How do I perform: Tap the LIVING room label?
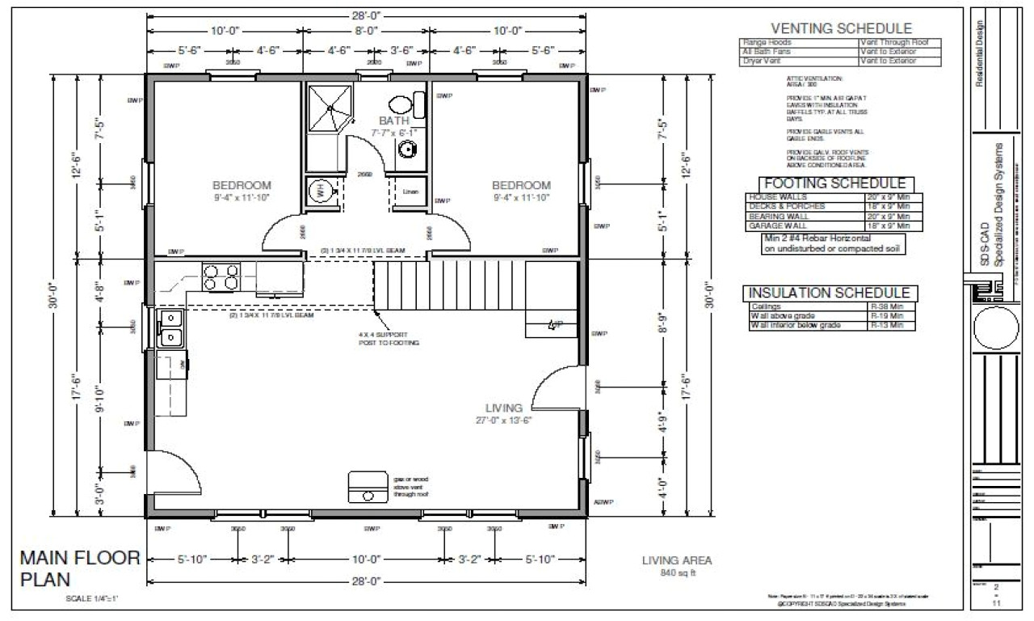coord(503,408)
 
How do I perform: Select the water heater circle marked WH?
coord(318,191)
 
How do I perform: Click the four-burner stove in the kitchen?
coord(220,277)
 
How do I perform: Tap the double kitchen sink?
coord(170,327)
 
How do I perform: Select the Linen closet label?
coord(410,192)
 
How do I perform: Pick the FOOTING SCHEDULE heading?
coord(834,184)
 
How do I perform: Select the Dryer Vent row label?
coord(763,61)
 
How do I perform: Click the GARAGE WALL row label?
coord(775,226)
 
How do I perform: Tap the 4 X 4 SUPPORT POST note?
coord(389,338)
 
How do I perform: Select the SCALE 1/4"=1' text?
coord(93,599)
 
